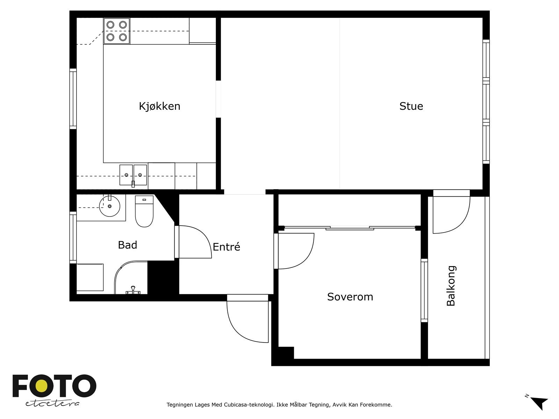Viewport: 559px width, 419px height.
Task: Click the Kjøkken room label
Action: (x=159, y=106)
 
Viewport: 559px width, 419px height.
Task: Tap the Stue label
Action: (x=411, y=106)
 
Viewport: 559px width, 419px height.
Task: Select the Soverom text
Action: (x=350, y=297)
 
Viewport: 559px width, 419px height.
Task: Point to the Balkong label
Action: (x=451, y=286)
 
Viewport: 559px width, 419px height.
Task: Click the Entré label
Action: (x=226, y=247)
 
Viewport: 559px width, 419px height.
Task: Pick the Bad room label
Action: (x=127, y=245)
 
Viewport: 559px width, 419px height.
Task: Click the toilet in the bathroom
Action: (x=144, y=211)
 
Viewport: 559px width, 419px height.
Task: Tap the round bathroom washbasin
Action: (x=109, y=206)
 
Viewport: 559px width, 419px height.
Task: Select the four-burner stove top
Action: (x=117, y=31)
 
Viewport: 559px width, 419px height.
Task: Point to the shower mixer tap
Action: (x=133, y=290)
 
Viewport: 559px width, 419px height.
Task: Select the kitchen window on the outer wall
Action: (x=73, y=99)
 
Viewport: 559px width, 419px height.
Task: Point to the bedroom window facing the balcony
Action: (x=424, y=291)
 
